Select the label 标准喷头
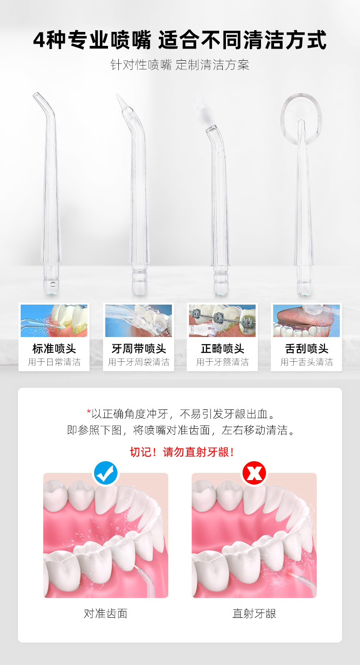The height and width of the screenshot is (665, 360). coord(54,349)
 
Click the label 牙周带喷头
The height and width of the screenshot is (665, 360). coord(139,349)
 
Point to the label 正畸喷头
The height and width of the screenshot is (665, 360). coord(222,349)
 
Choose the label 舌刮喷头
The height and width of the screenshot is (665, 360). coord(306,349)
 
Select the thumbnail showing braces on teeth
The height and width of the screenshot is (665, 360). coord(222,321)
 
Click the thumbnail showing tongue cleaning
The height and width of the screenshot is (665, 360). coord(306,321)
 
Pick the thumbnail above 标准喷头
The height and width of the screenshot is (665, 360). coord(54,321)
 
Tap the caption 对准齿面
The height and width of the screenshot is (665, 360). coord(106,613)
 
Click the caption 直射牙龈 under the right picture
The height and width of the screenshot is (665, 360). coord(254,613)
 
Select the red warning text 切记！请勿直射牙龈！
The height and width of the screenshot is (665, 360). coord(182,452)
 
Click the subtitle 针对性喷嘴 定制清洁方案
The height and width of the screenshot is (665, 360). coord(180,65)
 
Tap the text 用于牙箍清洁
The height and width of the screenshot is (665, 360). coord(222,362)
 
